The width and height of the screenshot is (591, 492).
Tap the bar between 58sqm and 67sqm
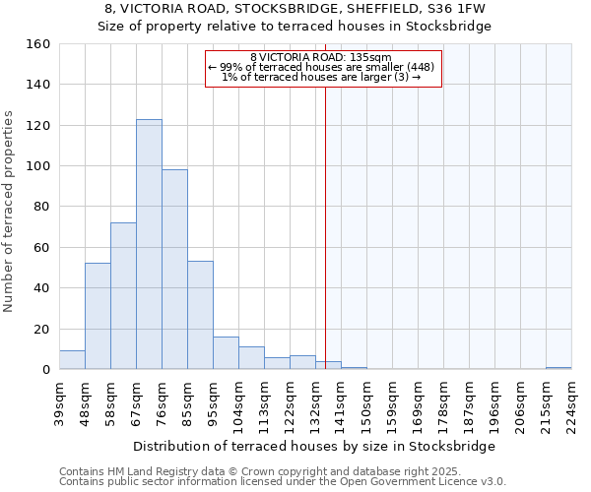pos(123,295)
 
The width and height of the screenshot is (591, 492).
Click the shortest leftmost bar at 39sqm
pos(72,360)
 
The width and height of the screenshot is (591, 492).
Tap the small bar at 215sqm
pos(558,368)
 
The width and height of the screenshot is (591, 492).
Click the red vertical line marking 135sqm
pos(325,216)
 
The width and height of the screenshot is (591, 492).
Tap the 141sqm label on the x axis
pos(341,401)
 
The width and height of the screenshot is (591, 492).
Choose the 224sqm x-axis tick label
pos(571,401)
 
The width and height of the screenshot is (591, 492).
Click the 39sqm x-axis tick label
pos(59,401)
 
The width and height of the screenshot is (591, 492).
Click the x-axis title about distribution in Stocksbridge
pos(314,446)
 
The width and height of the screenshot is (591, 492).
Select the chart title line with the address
pos(295,9)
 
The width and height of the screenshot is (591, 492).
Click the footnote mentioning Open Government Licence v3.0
pos(283,482)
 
